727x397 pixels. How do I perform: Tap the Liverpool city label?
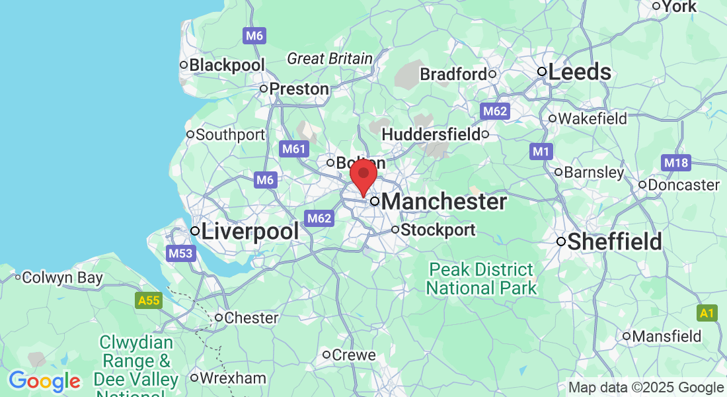pos(250,232)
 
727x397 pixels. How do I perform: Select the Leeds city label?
pos(579,72)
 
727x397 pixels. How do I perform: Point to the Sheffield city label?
pos(614,242)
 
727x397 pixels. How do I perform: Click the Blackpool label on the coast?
pos(227,66)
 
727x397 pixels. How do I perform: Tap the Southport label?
pos(230,135)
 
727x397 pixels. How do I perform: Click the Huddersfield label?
pos(431,134)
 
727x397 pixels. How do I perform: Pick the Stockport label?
pos(438,230)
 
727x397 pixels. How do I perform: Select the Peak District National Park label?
pos(480,279)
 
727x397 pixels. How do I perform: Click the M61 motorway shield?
pos(293,150)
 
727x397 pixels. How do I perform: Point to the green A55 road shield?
pos(149,301)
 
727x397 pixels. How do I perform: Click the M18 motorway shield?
pos(675,163)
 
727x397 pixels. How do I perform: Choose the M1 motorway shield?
pos(541,152)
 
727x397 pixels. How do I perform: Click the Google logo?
pos(44,381)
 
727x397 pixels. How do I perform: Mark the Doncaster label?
pos(683,185)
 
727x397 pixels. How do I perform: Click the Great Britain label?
pos(330,59)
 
